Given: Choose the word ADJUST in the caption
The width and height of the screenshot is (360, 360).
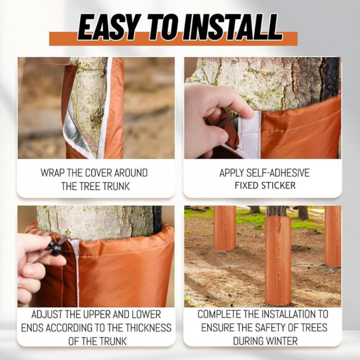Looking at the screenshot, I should click(x=49, y=314).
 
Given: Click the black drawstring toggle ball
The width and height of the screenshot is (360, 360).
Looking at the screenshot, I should click(x=55, y=248).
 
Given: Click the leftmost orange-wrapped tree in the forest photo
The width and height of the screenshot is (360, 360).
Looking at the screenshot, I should click(x=224, y=228).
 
